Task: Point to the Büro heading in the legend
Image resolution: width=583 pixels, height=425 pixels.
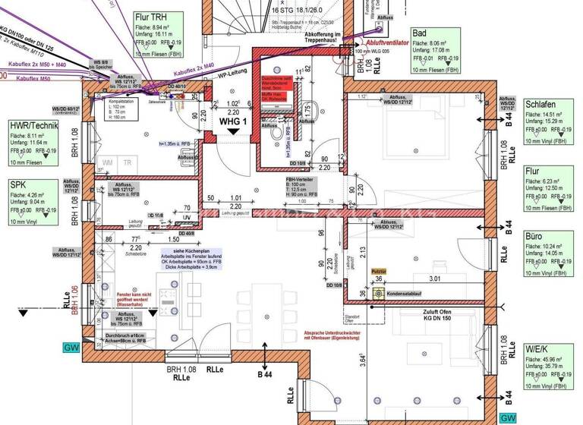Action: [x=534, y=236]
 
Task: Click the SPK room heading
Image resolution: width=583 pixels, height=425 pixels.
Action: [x=18, y=184]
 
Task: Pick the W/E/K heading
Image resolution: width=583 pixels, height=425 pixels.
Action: [x=537, y=350]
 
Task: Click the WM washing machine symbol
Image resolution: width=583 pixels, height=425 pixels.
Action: [x=109, y=162]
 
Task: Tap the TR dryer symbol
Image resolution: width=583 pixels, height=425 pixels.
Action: [x=128, y=162]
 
